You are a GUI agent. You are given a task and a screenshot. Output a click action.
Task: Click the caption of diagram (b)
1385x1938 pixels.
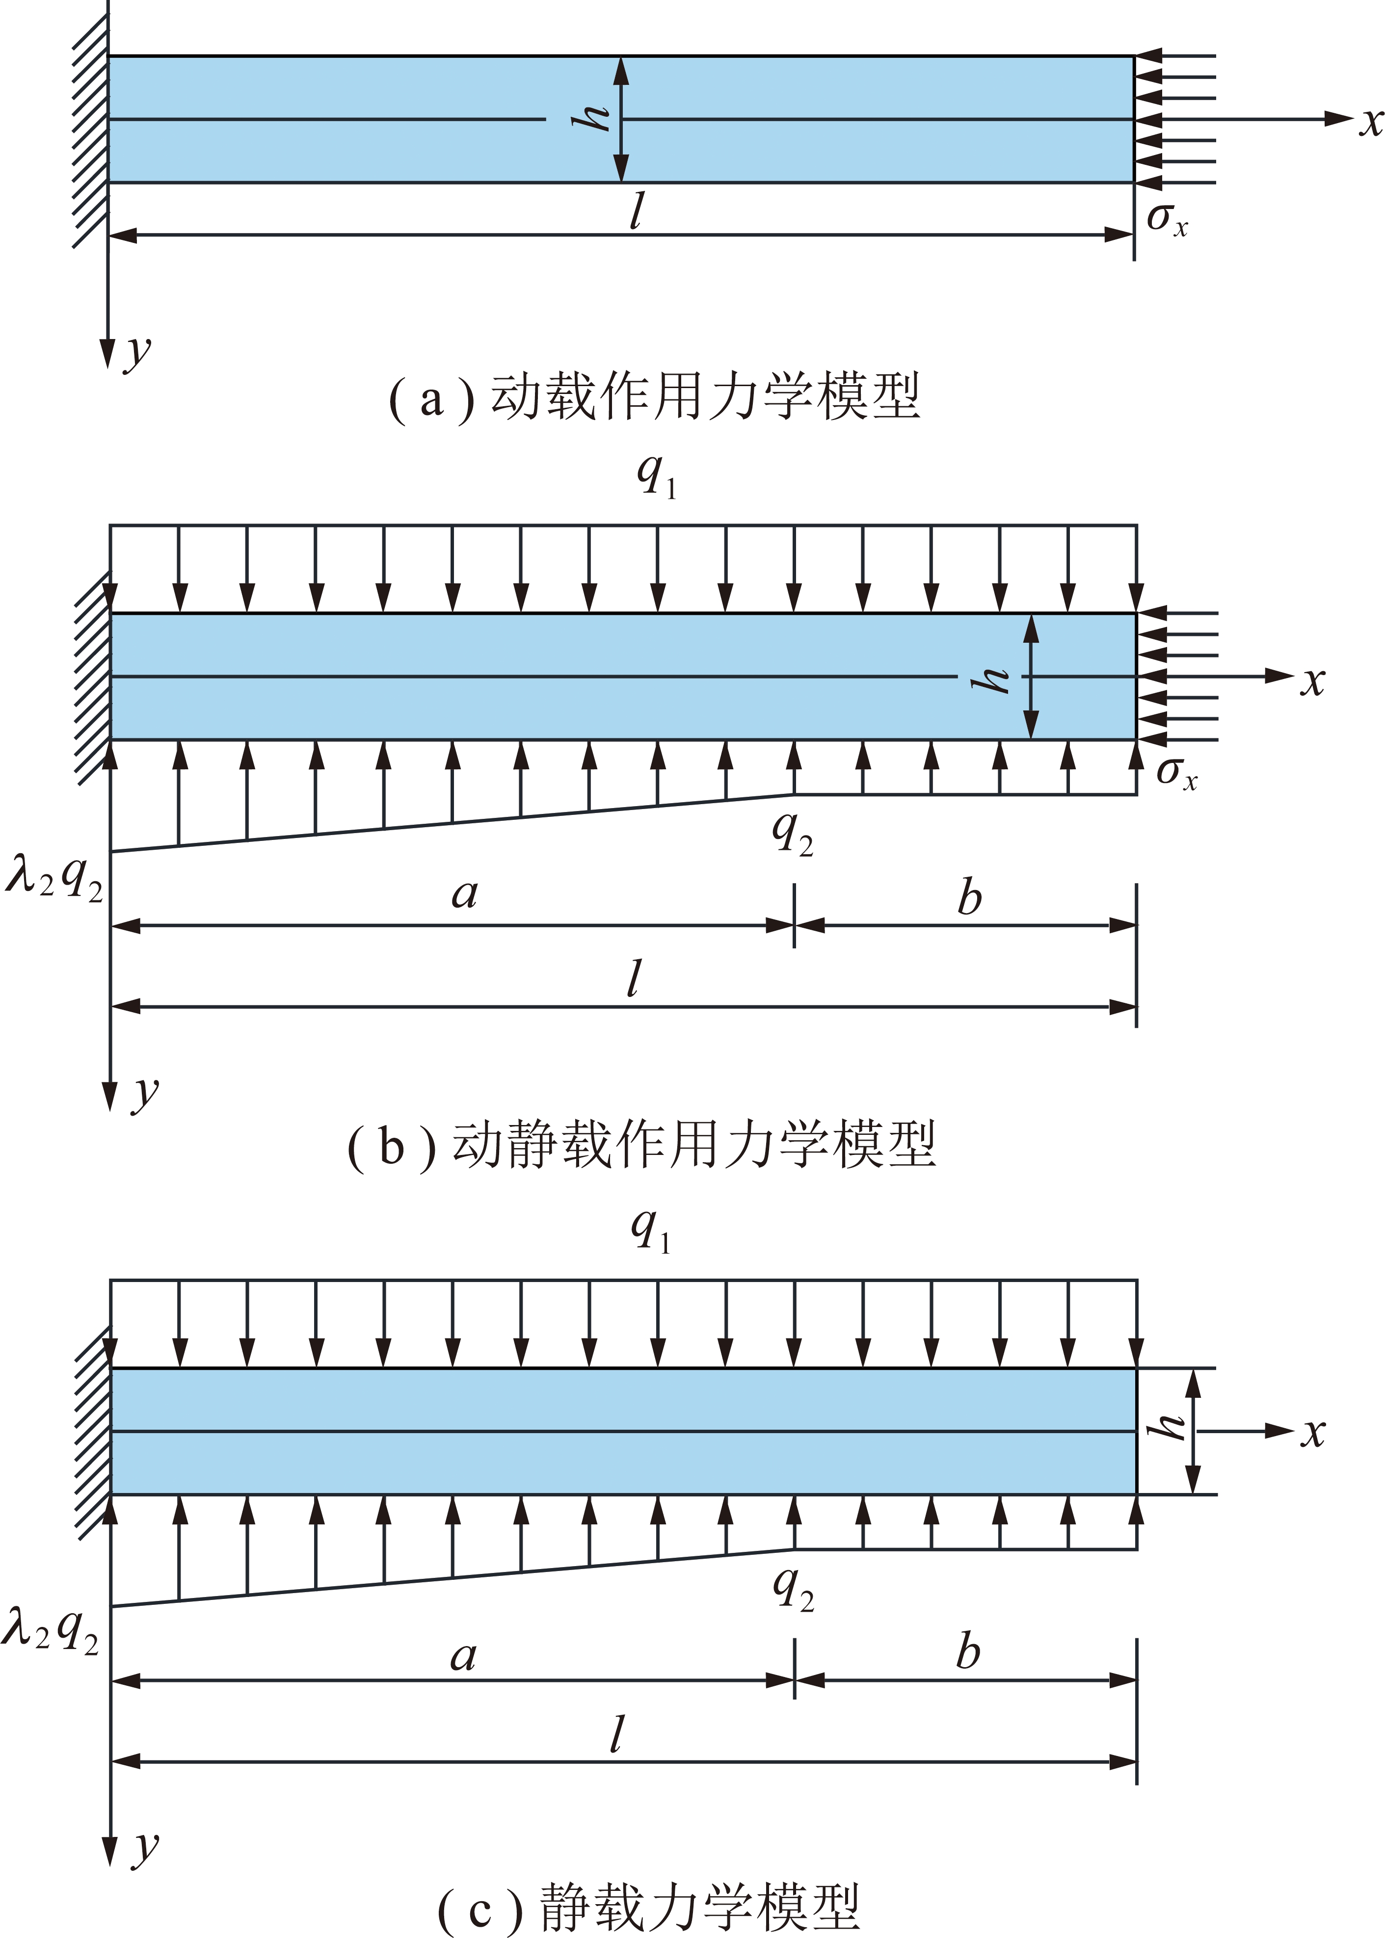coord(642,1145)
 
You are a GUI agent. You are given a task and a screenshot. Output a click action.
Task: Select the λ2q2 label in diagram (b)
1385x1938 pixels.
coord(53,876)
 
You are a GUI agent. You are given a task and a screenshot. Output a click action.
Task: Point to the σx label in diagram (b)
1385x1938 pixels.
coord(1177,773)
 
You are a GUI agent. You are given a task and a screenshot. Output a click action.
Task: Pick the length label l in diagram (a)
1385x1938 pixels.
coord(636,210)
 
